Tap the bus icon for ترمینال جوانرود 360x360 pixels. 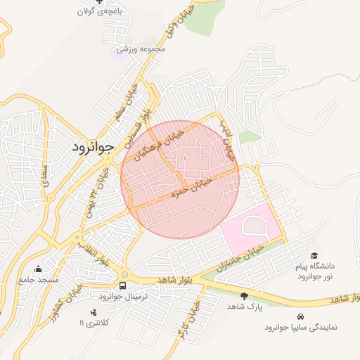pyautogui.click(x=123, y=286)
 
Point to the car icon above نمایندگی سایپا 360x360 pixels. pyautogui.click(x=301, y=316)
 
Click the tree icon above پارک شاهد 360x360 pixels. pyautogui.click(x=244, y=296)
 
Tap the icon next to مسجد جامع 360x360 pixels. pyautogui.click(x=38, y=269)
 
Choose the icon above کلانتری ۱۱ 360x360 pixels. pyautogui.click(x=93, y=311)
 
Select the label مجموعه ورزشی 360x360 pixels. pyautogui.click(x=141, y=49)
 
